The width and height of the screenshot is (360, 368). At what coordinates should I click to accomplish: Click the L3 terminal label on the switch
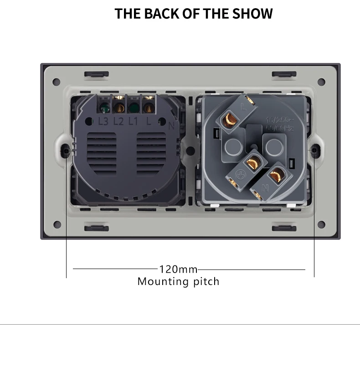tap(103, 122)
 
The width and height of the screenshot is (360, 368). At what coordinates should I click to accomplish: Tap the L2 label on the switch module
tap(118, 122)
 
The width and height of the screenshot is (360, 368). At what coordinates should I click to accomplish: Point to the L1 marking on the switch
tap(133, 122)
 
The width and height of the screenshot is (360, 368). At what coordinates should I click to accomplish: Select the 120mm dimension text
tap(178, 269)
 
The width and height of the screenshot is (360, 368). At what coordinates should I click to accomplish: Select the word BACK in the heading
tap(159, 14)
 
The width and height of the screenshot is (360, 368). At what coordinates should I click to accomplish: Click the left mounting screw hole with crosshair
tap(67, 150)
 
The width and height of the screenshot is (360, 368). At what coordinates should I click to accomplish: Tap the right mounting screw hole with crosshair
tap(314, 150)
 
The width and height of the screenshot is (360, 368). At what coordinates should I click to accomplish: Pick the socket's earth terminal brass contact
tap(251, 163)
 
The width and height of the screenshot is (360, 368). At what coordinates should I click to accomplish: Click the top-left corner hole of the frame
tap(57, 82)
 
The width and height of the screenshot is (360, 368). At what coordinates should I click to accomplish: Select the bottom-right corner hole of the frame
tap(321, 224)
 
